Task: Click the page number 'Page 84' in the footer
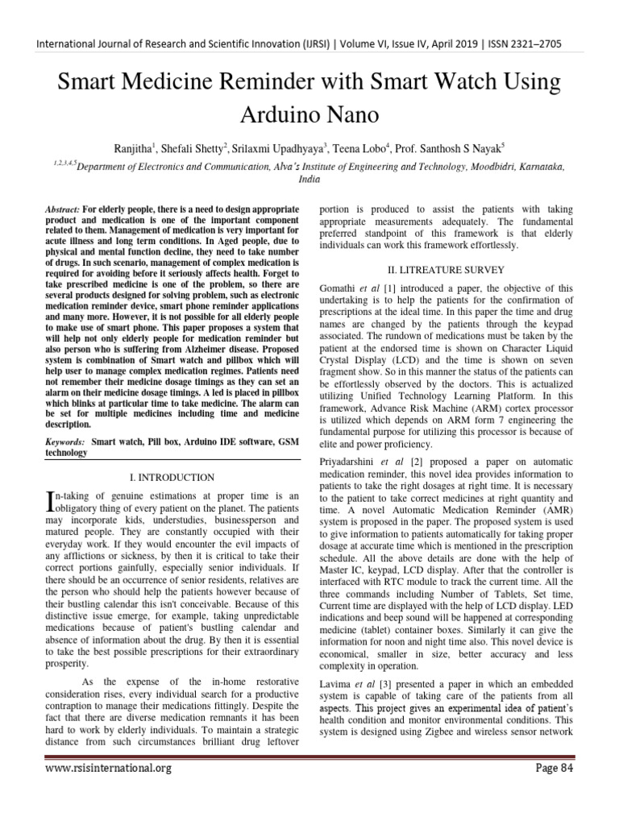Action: [x=555, y=768]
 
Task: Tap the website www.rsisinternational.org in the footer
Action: [x=108, y=769]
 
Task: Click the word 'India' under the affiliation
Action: [x=309, y=180]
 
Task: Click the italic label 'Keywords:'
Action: [x=65, y=442]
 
